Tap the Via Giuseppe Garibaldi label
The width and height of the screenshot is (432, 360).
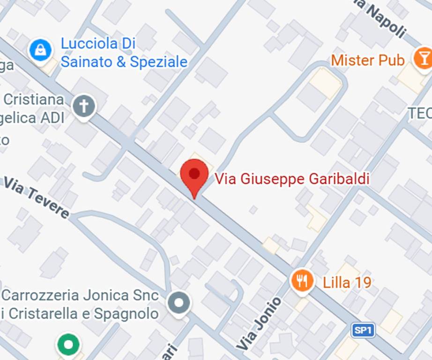292,179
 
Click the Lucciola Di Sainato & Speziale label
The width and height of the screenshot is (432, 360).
124,53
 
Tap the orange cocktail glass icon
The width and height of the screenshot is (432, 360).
423,59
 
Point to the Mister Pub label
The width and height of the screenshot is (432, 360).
368,60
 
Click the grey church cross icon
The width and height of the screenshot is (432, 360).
84,106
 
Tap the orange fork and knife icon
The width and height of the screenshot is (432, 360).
302,281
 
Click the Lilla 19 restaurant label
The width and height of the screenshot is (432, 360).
347,282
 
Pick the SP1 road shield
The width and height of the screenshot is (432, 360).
363,330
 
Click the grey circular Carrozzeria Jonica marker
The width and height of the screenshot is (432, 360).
179,303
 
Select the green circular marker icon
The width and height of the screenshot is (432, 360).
69,345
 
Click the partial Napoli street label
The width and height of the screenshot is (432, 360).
384,19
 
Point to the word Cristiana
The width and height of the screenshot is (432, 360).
33,99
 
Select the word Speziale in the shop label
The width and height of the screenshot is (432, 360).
158,62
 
